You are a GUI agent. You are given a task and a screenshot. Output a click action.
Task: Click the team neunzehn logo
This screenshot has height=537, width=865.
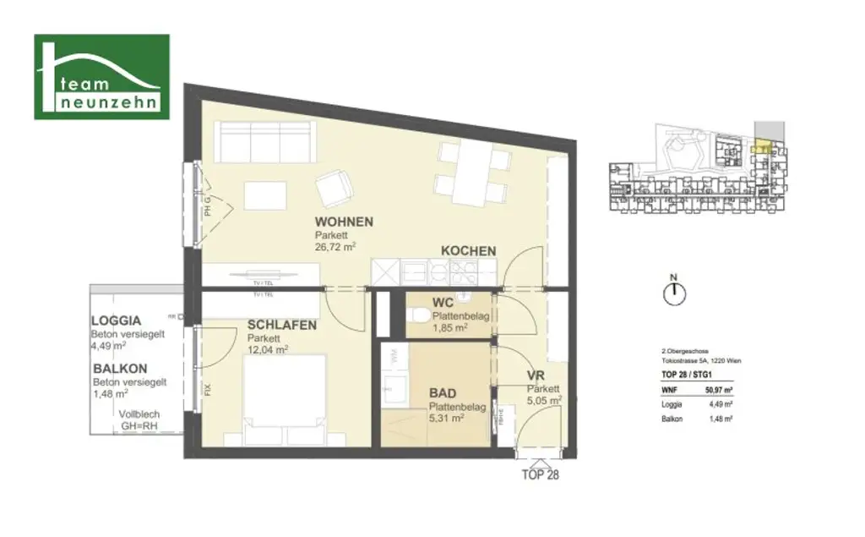pyautogui.click(x=101, y=77)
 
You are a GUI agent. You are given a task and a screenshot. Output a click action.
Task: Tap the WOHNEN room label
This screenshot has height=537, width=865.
pyautogui.click(x=344, y=222)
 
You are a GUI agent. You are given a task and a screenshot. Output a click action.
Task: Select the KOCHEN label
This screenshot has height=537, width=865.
pyautogui.click(x=468, y=250)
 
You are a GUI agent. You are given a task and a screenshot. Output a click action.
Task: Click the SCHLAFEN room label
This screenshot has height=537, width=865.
pyautogui.click(x=282, y=325)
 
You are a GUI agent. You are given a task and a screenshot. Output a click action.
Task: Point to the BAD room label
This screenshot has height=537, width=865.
pyautogui.click(x=443, y=393)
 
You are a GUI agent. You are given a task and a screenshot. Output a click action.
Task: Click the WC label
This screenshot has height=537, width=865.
pyautogui.click(x=443, y=303)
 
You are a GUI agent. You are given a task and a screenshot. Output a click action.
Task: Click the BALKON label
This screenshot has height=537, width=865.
pyautogui.click(x=120, y=369)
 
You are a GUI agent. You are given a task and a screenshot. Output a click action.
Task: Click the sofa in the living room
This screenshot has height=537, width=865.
pyautogui.click(x=264, y=140)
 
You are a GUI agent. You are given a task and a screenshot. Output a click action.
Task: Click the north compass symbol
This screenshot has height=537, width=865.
pyautogui.click(x=674, y=293)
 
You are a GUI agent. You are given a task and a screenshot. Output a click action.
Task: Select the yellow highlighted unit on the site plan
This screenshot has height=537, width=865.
pyautogui.click(x=762, y=148)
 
